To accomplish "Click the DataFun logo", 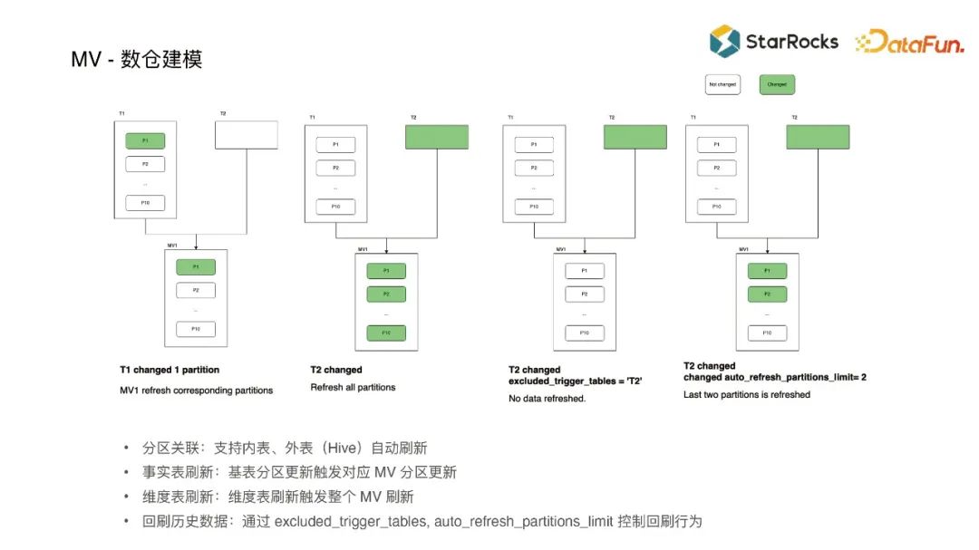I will point(909,42).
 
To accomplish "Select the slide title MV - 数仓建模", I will point(137,60).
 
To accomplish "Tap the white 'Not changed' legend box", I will point(722,85).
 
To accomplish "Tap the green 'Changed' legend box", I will point(777,85).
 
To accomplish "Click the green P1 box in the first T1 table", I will point(145,140).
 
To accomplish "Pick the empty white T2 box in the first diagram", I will point(246,136).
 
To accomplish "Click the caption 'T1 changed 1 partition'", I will point(170,370).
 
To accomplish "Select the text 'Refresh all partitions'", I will point(353,388).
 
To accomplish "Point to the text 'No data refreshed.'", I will point(547,399).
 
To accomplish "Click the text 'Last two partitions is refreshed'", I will point(747,395).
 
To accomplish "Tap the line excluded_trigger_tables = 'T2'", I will point(576,382).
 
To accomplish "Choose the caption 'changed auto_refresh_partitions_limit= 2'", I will point(775,377).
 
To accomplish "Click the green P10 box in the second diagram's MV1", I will point(386,333).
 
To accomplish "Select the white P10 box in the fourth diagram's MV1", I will point(767,333).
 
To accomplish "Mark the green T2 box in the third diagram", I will point(635,137).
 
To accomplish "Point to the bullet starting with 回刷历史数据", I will point(422,521).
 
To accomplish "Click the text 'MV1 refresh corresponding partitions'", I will point(196,391).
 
